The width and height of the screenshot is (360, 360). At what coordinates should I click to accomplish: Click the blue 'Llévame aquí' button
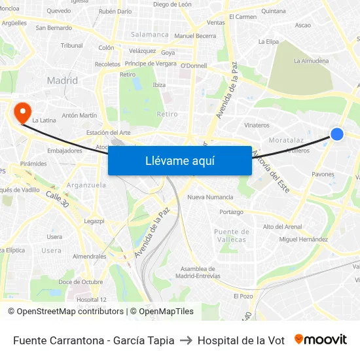(x=179, y=160)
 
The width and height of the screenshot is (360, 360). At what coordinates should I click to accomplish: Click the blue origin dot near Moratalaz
(x=337, y=134)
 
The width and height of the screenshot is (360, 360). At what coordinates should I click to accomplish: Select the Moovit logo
(x=321, y=340)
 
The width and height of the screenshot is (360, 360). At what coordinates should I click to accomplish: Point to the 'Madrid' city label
(x=62, y=81)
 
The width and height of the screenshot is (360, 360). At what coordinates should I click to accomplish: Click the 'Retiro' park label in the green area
(x=167, y=114)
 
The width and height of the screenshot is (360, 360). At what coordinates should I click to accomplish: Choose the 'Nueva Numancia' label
(x=210, y=197)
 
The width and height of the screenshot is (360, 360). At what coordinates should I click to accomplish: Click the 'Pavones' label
(x=323, y=175)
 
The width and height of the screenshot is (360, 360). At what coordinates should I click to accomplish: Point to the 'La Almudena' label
(x=311, y=61)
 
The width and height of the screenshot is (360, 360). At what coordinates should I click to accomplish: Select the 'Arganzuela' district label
(x=86, y=185)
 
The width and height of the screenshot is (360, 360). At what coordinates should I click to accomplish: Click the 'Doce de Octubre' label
(x=81, y=282)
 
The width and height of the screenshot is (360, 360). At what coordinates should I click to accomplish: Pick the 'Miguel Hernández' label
(x=303, y=240)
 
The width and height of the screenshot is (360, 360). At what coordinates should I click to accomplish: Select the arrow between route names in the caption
(x=186, y=340)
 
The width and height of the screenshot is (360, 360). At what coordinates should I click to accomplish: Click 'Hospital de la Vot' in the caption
(x=241, y=340)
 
